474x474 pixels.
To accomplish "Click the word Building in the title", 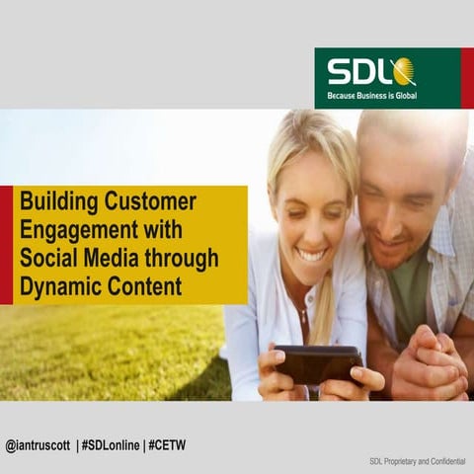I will point(57,202).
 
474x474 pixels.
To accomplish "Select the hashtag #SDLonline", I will point(111,445).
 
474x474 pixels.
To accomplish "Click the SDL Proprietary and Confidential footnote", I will point(415,461).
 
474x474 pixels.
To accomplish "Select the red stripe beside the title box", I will point(6,245).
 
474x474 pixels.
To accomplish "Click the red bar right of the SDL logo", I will point(467,78).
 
